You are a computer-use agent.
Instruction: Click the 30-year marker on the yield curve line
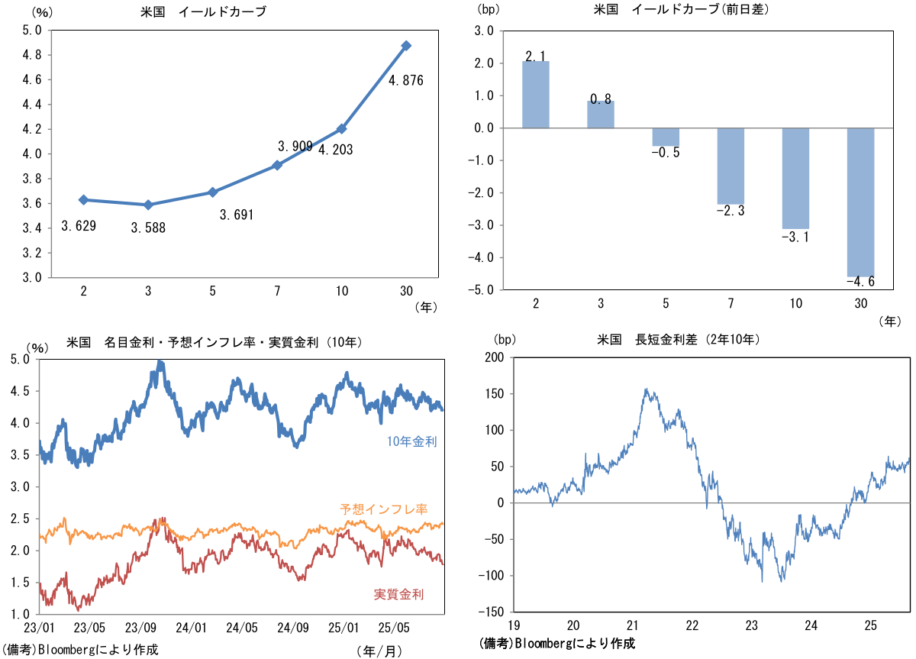pyautogui.click(x=406, y=46)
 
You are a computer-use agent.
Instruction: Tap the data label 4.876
pyautogui.click(x=405, y=80)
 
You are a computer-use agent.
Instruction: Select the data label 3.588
pyautogui.click(x=148, y=228)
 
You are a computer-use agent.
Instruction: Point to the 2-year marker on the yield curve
pyautogui.click(x=83, y=200)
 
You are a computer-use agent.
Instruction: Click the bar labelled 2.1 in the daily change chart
pyautogui.click(x=536, y=95)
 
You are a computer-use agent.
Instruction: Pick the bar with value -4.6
pyautogui.click(x=861, y=202)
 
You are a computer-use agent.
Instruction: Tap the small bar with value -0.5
pyautogui.click(x=666, y=137)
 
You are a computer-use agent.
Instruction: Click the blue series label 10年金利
pyautogui.click(x=411, y=441)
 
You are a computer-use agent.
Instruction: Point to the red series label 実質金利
pyautogui.click(x=398, y=594)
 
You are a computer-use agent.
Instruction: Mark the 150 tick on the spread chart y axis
pyautogui.click(x=494, y=394)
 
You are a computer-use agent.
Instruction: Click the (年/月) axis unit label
pyautogui.click(x=377, y=651)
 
